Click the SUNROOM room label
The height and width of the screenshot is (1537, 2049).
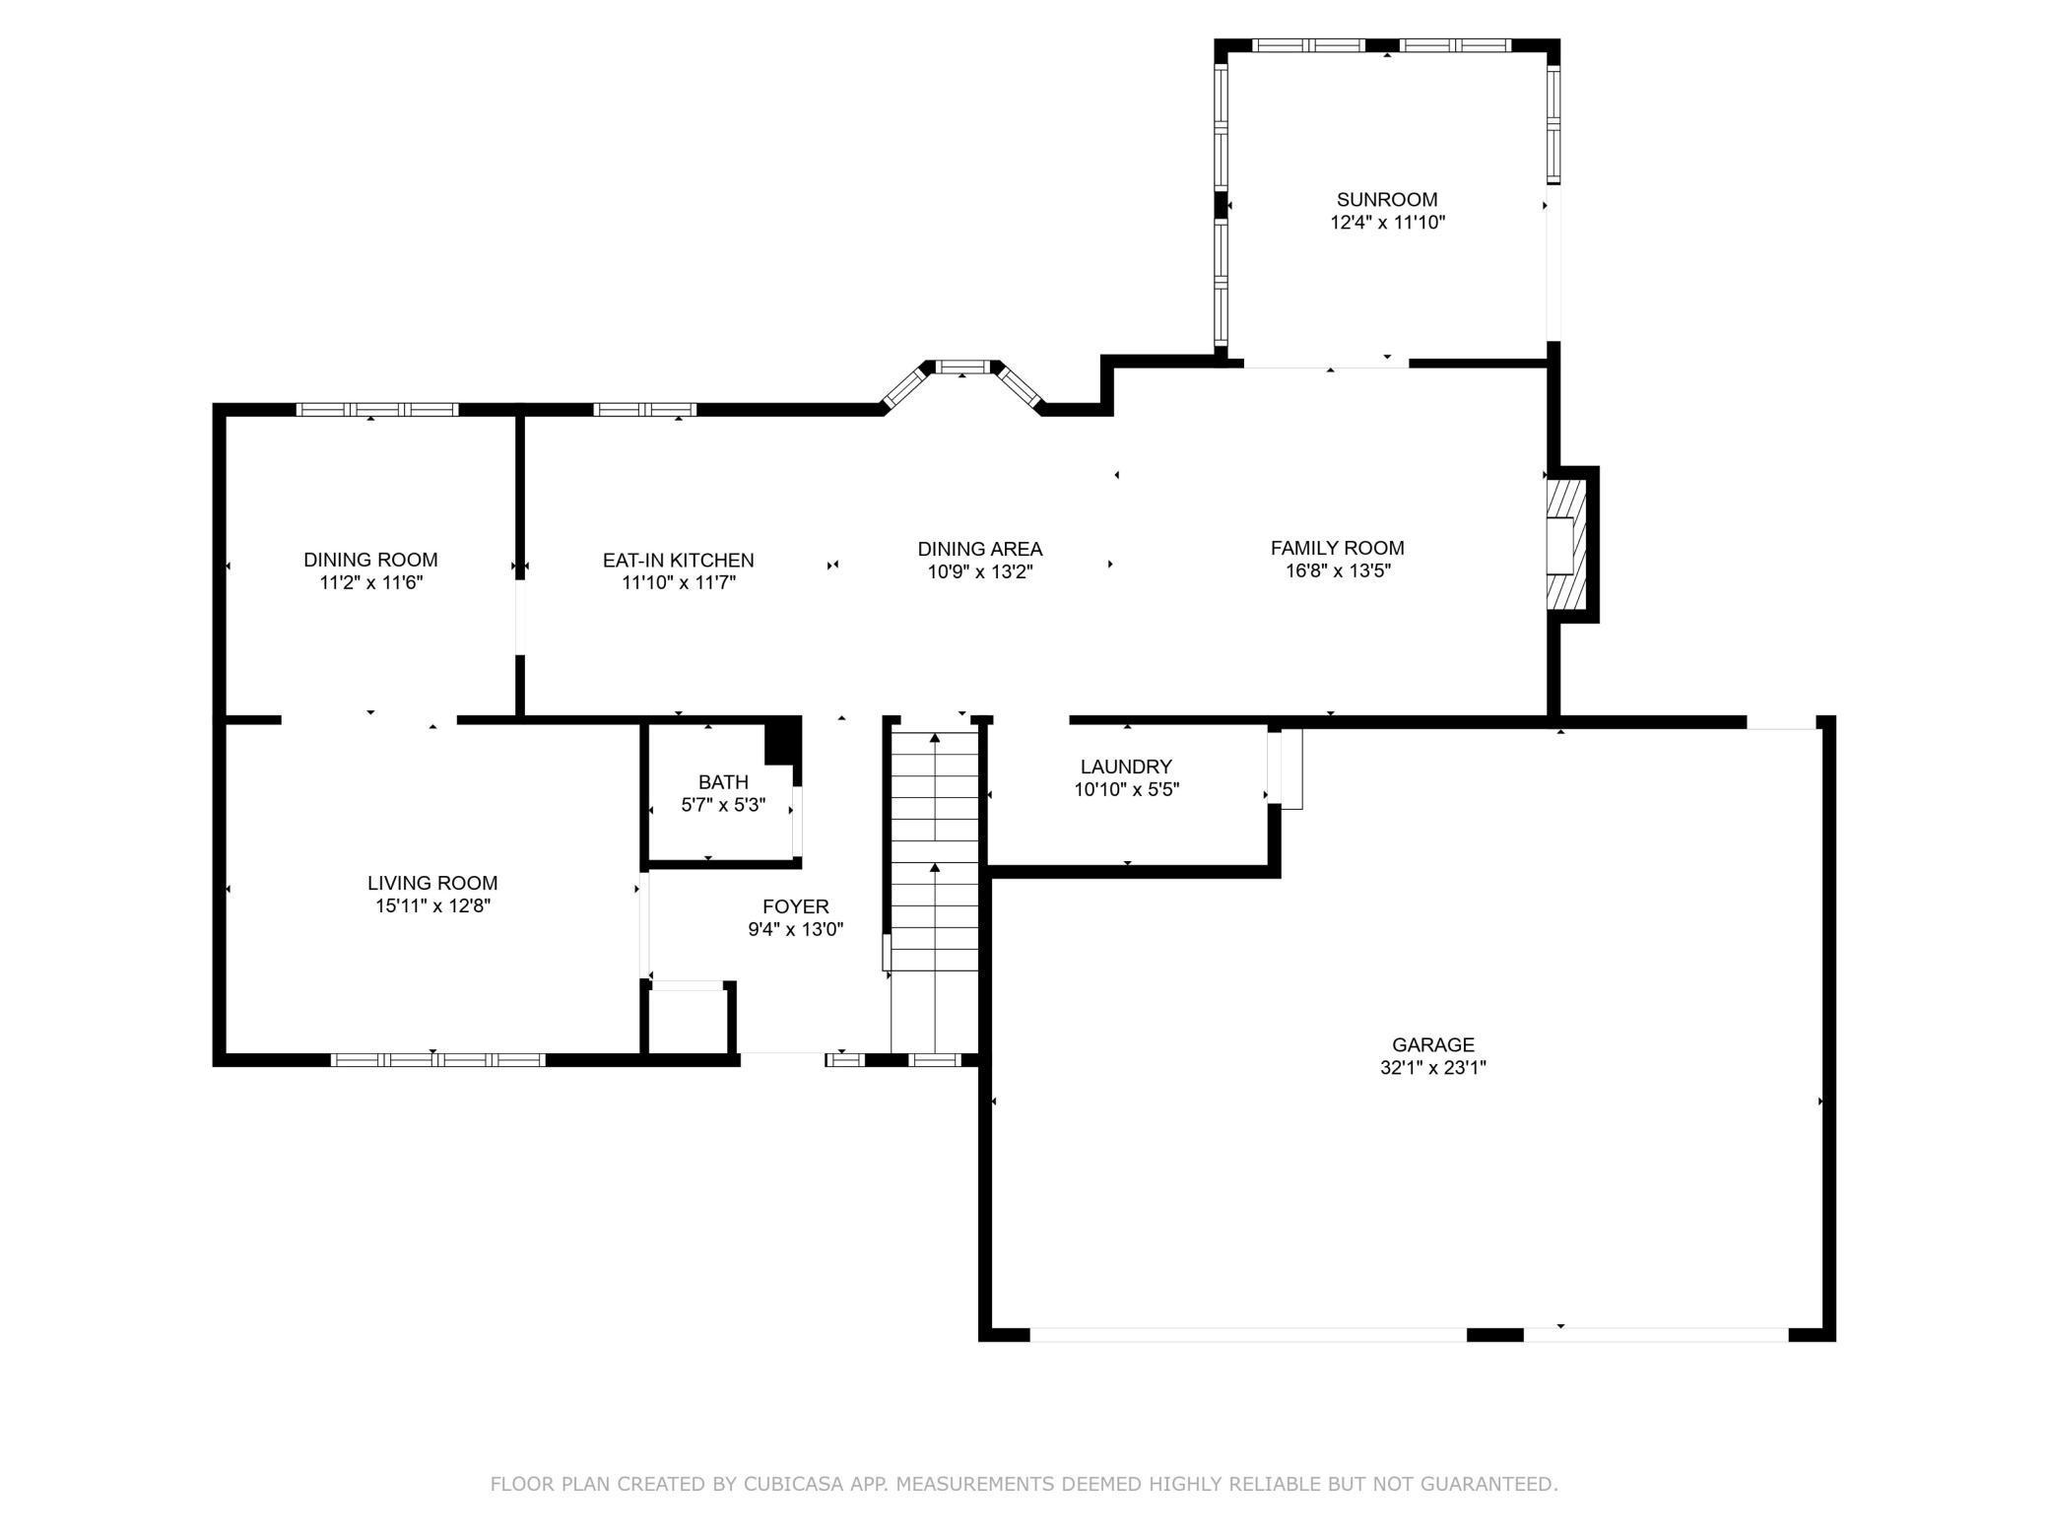point(1387,200)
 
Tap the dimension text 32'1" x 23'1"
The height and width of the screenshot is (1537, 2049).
point(1433,1067)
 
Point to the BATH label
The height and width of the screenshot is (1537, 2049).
point(723,782)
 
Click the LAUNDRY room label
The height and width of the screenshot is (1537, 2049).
point(1126,767)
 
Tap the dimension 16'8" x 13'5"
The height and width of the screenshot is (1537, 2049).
point(1338,570)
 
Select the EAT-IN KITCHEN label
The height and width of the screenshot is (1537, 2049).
point(679,561)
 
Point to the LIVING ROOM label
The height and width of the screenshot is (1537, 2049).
point(432,884)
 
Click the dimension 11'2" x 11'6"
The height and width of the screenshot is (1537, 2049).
point(370,582)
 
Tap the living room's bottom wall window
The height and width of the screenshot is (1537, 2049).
point(437,1060)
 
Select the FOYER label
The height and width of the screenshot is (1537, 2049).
point(796,906)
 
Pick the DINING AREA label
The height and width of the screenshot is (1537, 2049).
point(980,549)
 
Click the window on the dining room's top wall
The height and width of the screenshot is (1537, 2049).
point(377,410)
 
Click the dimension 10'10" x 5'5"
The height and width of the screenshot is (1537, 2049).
point(1126,789)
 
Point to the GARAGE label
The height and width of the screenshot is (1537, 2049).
point(1433,1044)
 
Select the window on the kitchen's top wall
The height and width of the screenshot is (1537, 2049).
point(645,410)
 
